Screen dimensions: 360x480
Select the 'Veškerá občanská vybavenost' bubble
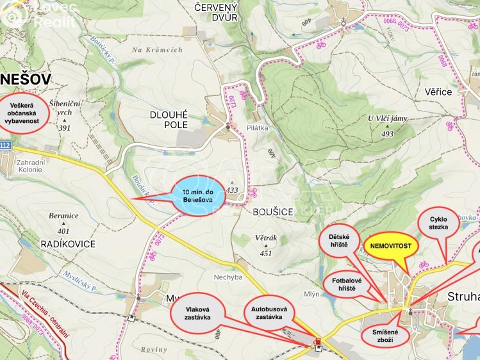(24, 113)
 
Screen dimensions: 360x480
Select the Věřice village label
(438, 92)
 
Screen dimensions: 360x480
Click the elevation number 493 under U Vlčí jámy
(386, 134)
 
